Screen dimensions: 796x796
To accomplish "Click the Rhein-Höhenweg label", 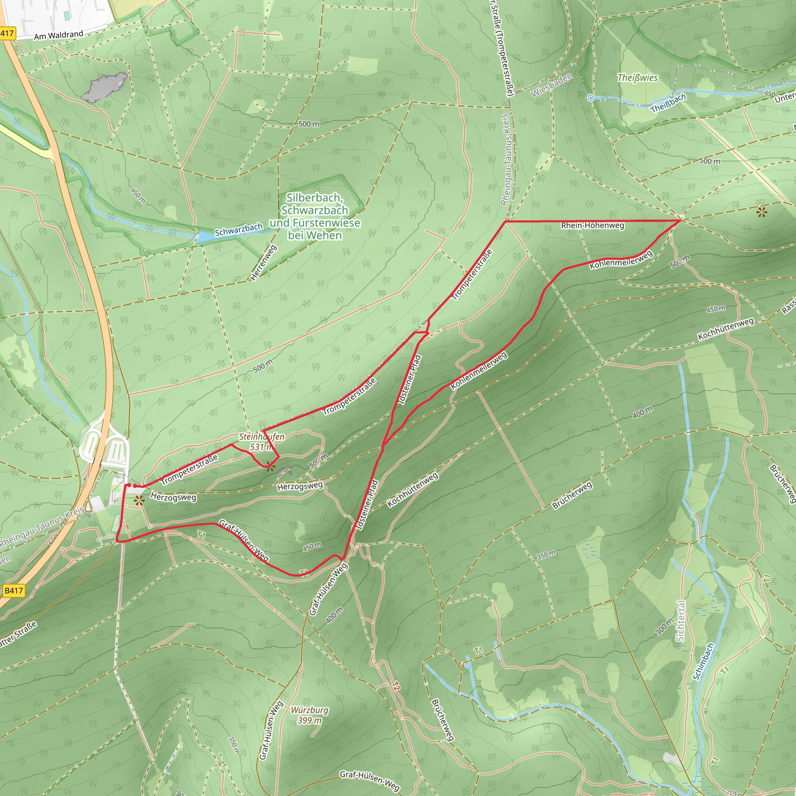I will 592,225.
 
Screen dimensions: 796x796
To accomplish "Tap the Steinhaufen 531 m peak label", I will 262,441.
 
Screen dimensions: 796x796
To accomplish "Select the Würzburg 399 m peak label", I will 309,715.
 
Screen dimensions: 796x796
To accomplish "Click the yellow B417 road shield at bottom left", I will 13,591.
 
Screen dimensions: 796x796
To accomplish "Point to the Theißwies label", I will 637,77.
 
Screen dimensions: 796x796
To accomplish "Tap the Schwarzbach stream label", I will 239,230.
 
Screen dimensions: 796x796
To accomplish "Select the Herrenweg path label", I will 264,263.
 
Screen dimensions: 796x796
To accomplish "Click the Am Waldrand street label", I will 59,35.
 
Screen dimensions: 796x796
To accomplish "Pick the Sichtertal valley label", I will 680,621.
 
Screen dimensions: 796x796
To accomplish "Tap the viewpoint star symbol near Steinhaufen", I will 270,466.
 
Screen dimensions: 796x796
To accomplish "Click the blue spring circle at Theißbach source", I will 590,98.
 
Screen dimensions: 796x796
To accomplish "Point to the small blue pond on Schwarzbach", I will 204,237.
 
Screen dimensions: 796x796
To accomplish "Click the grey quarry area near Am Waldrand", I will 104,87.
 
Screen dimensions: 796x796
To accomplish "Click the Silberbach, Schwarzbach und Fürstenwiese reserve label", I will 315,216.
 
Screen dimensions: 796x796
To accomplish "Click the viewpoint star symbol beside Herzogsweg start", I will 139,501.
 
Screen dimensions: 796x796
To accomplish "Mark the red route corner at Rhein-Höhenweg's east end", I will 680,221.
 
